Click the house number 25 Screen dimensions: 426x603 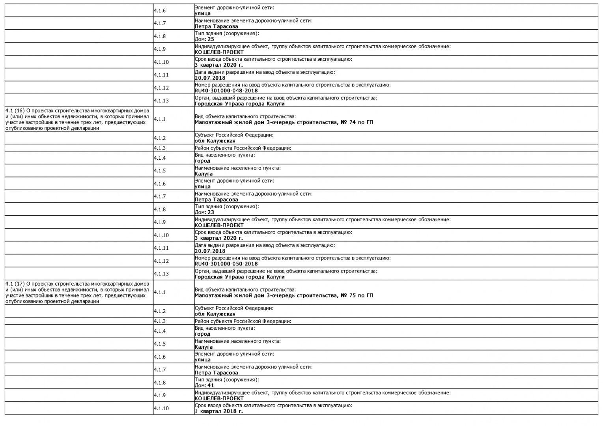pyautogui.click(x=211, y=39)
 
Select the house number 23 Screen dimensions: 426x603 pyautogui.click(x=211, y=213)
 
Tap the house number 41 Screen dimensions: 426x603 pyautogui.click(x=211, y=386)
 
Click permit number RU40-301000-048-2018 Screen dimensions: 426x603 pyautogui.click(x=226, y=91)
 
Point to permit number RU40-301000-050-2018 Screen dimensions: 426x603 pyautogui.click(x=226, y=264)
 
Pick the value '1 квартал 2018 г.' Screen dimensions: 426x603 pyautogui.click(x=218, y=411)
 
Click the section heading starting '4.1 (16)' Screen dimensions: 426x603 pyautogui.click(x=77, y=119)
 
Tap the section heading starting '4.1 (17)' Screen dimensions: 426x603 pyautogui.click(x=77, y=292)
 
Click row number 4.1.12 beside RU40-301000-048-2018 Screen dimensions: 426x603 pyautogui.click(x=161, y=88)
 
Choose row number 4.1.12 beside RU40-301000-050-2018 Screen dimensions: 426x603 pyautogui.click(x=161, y=261)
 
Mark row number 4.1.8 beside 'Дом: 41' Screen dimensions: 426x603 pyautogui.click(x=160, y=383)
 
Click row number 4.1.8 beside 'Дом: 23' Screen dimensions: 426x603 pyautogui.click(x=160, y=209)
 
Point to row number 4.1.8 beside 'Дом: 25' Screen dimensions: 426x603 pyautogui.click(x=160, y=36)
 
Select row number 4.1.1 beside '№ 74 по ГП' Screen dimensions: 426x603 pyautogui.click(x=160, y=119)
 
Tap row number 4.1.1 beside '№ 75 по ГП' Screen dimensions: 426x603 pyautogui.click(x=160, y=292)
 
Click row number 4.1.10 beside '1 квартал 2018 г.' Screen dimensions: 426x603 pyautogui.click(x=161, y=408)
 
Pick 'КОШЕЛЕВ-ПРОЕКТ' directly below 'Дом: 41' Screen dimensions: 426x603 pyautogui.click(x=219, y=398)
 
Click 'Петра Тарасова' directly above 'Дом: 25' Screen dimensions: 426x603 pyautogui.click(x=216, y=26)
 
